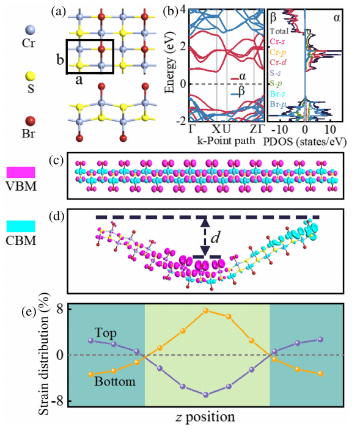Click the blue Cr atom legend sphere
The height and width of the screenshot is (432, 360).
[x=30, y=29]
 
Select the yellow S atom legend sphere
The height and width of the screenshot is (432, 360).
[x=30, y=76]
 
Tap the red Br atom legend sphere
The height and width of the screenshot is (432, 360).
[x=30, y=121]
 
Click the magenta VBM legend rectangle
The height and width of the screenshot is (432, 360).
[x=21, y=172]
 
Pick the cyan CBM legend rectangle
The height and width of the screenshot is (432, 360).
[x=21, y=226]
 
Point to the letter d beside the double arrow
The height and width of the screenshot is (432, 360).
[x=215, y=236]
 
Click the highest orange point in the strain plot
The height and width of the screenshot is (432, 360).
[x=205, y=311]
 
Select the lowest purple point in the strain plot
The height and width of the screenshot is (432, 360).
[x=205, y=395]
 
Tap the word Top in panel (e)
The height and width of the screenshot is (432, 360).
[x=106, y=333]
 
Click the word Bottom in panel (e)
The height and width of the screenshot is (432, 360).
[x=115, y=381]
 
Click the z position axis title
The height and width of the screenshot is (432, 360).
[x=205, y=417]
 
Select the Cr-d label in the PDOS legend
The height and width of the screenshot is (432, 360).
[x=278, y=62]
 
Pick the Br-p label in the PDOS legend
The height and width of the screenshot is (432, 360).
[x=278, y=104]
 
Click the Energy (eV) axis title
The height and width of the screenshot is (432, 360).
[x=170, y=62]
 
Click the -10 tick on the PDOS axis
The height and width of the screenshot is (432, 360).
[x=280, y=129]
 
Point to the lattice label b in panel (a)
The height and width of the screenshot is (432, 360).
[x=61, y=60]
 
